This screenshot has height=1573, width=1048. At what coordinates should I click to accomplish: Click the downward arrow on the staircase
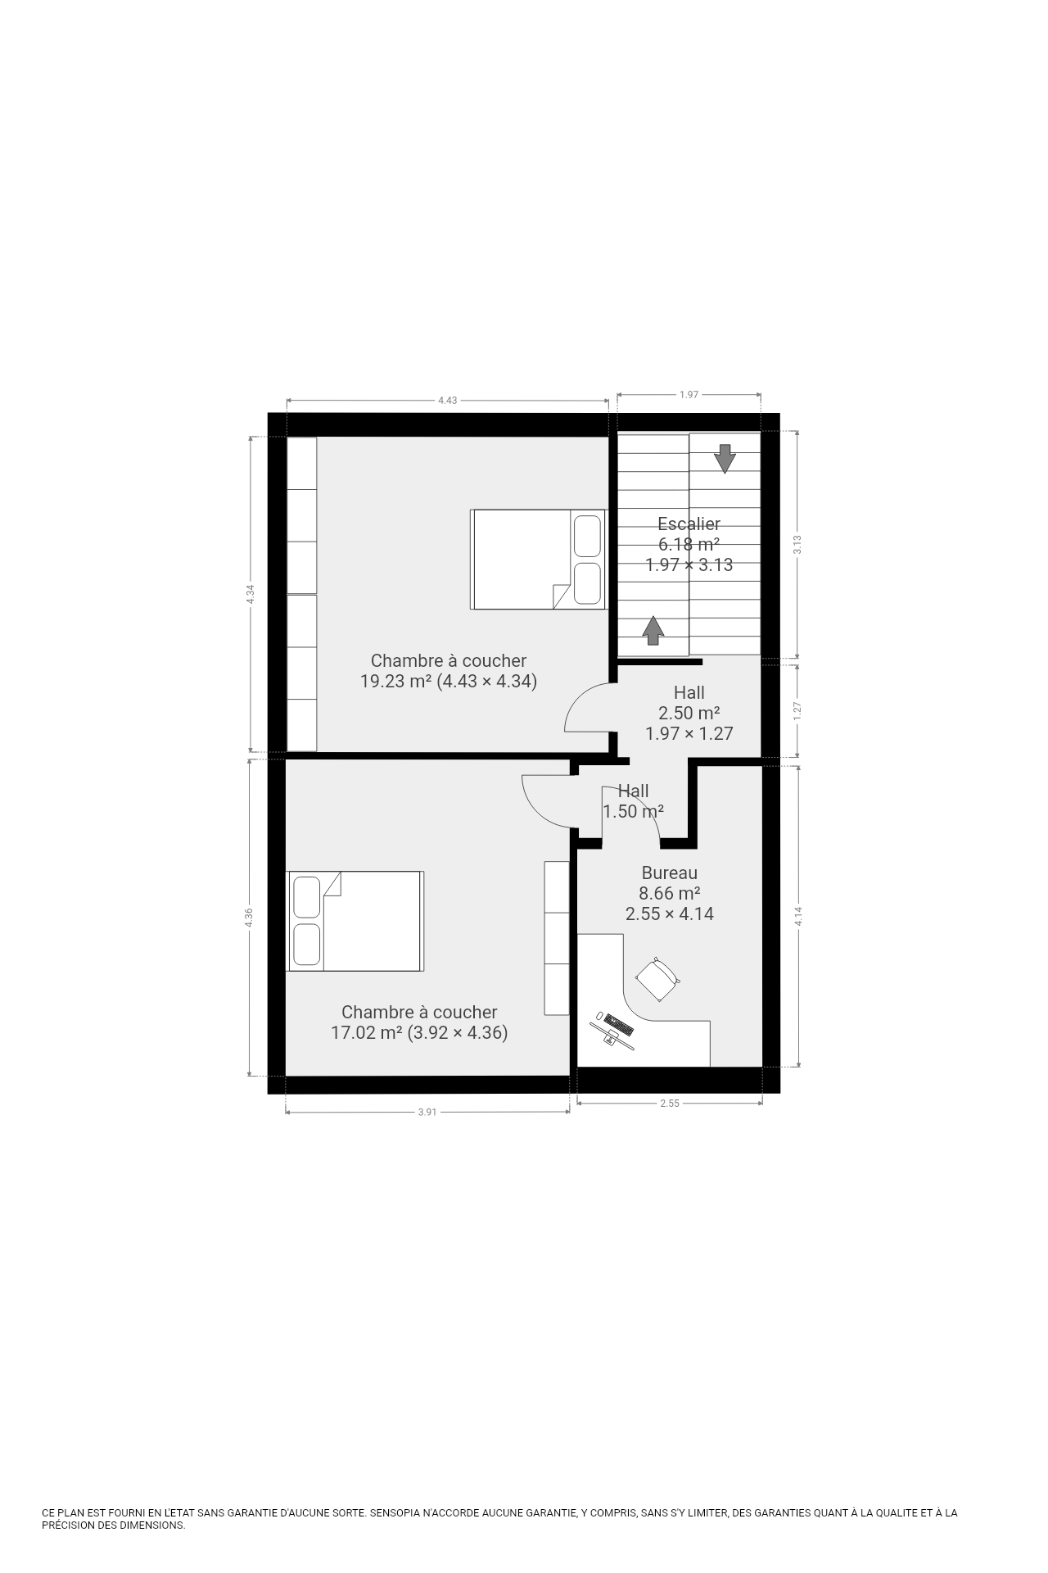[x=725, y=458]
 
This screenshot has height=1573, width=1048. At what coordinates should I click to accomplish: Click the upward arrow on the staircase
[x=653, y=630]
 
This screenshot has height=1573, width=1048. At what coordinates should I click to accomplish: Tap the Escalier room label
[x=689, y=524]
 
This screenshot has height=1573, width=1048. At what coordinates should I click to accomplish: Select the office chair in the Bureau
[x=657, y=979]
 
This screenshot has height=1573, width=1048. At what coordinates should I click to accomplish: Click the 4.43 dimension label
[x=447, y=401]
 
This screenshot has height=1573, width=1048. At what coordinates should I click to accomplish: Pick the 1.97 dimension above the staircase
[x=689, y=394]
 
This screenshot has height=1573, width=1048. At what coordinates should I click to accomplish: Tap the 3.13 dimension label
[x=797, y=544]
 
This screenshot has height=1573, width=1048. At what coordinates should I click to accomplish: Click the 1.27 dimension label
[x=797, y=711]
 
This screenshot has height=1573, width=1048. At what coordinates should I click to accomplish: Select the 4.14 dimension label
[x=797, y=916]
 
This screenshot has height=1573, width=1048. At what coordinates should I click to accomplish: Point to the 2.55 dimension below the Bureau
[x=670, y=1104]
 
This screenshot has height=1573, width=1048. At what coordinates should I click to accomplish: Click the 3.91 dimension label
[x=427, y=1112]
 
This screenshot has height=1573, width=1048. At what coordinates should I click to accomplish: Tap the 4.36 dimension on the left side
[x=249, y=918]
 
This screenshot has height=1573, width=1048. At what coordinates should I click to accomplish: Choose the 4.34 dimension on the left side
[x=251, y=594]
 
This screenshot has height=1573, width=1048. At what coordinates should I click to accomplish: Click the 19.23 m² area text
[x=396, y=681]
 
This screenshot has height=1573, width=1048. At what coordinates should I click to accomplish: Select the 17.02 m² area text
[x=366, y=1033]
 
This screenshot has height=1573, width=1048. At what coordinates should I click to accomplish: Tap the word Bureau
[x=670, y=873]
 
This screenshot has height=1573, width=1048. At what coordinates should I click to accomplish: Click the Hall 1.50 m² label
[x=633, y=801]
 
